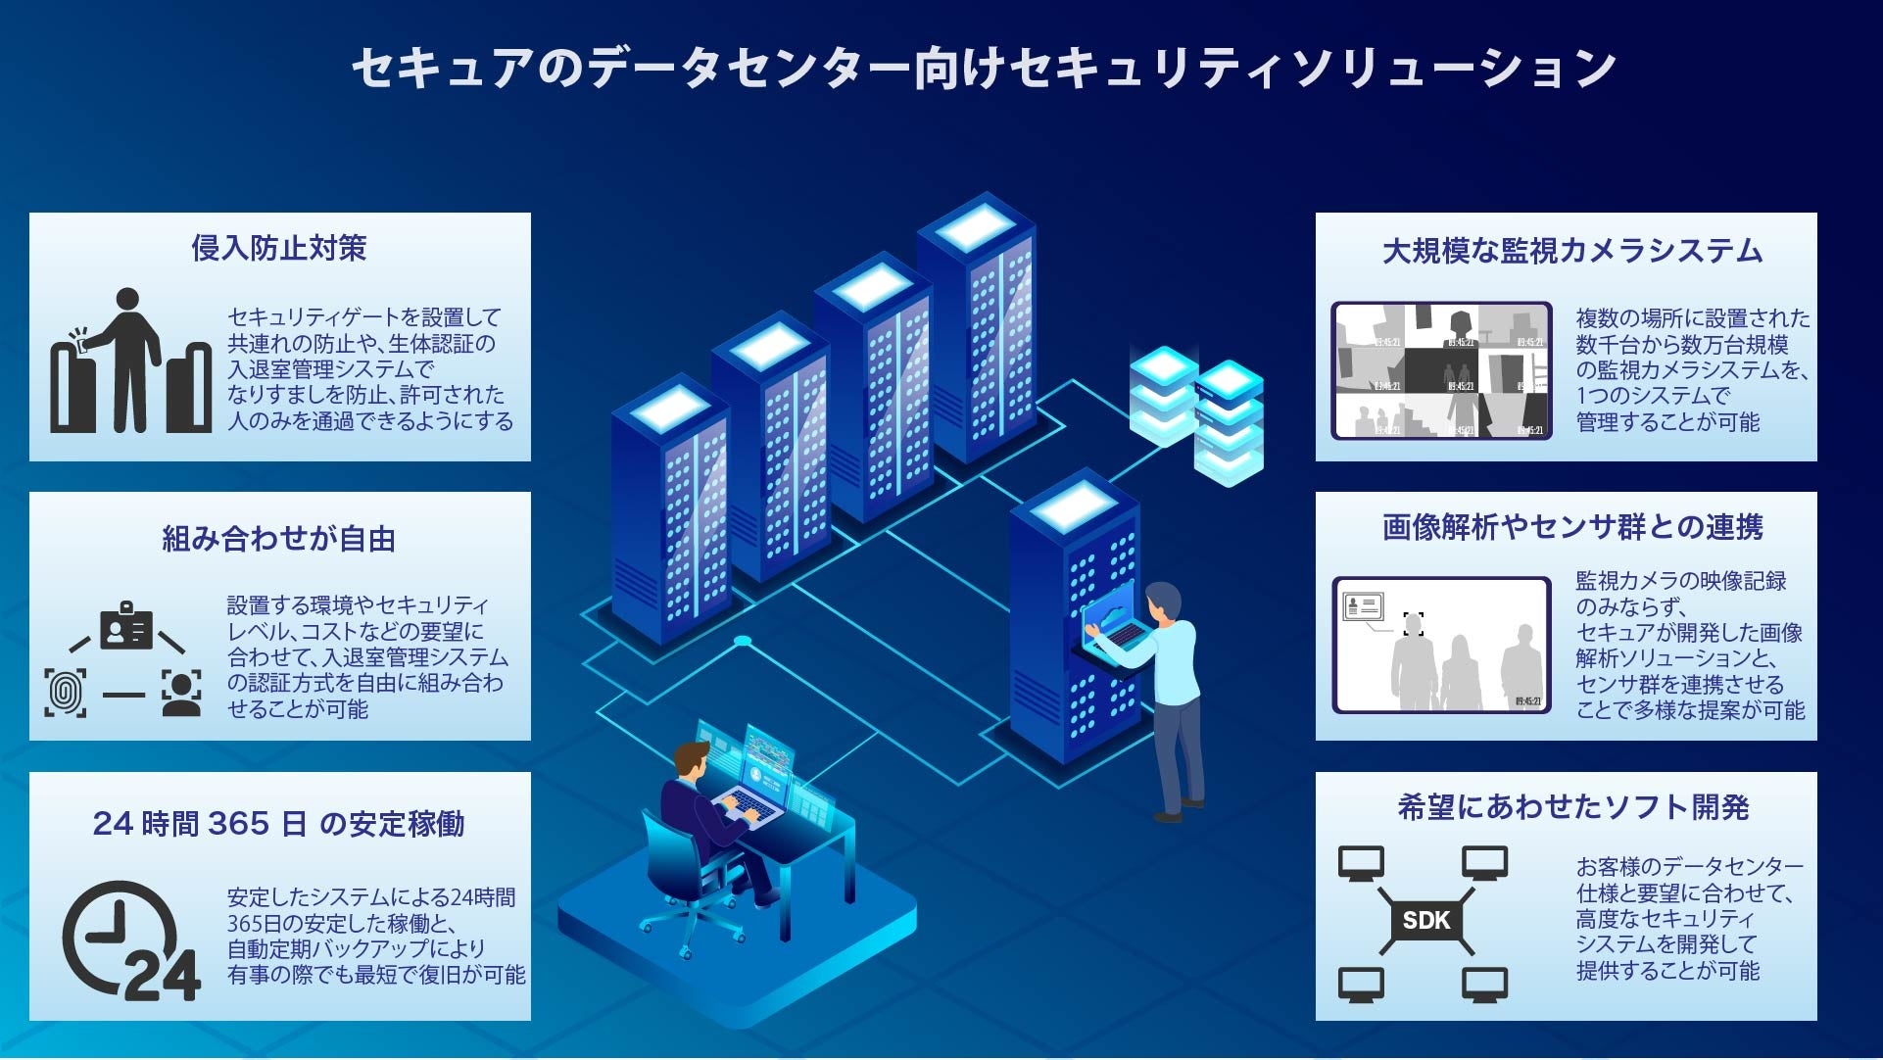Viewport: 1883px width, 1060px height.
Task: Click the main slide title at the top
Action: pyautogui.click(x=983, y=69)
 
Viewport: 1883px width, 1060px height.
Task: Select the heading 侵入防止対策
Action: pyautogui.click(x=279, y=248)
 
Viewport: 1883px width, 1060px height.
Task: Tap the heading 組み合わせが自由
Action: pyautogui.click(x=279, y=538)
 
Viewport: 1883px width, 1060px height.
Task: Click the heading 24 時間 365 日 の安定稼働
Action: pyautogui.click(x=279, y=823)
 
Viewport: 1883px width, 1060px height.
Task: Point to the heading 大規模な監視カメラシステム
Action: pyautogui.click(x=1571, y=251)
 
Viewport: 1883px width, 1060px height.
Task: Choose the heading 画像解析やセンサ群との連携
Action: pyautogui.click(x=1571, y=527)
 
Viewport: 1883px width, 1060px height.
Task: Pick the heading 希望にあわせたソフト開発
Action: pyautogui.click(x=1571, y=807)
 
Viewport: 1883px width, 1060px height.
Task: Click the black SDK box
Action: pyautogui.click(x=1425, y=920)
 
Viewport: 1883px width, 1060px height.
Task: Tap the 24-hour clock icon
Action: pyautogui.click(x=127, y=940)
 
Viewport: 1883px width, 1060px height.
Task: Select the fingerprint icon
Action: pyautogui.click(x=66, y=693)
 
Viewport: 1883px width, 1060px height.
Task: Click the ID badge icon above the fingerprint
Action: pyautogui.click(x=126, y=627)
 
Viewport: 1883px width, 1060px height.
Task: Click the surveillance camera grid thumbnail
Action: pyautogui.click(x=1441, y=370)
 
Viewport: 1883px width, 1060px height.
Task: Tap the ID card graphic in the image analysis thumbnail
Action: pyautogui.click(x=1363, y=606)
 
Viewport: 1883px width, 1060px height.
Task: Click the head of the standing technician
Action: pyautogui.click(x=1164, y=601)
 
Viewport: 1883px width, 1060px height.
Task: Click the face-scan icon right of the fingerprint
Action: pyautogui.click(x=181, y=693)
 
